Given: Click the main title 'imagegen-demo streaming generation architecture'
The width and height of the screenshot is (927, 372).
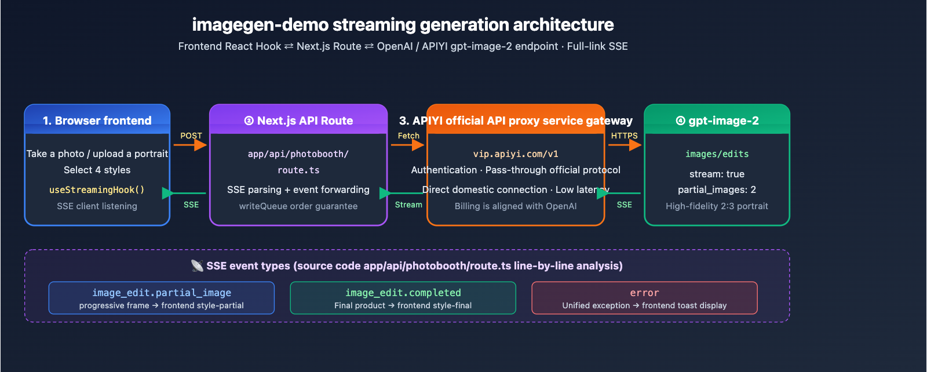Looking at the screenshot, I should coord(403,25).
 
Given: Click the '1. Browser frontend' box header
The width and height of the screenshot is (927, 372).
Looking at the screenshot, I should coord(97,121).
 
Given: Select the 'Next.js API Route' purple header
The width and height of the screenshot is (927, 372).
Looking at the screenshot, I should coord(298,121).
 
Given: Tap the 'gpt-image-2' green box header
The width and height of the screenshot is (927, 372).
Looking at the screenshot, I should coord(717,121).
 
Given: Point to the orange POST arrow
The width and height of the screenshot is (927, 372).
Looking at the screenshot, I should coord(190,145).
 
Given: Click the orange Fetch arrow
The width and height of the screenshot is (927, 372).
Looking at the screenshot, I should coord(408,145).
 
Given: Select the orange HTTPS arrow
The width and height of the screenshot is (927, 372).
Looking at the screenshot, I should coord(625,145).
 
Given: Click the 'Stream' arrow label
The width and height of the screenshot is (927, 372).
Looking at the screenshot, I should coord(408,205).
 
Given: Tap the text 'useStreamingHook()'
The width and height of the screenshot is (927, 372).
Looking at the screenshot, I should coord(97,189).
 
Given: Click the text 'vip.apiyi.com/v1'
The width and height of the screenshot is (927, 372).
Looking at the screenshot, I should coord(516,154).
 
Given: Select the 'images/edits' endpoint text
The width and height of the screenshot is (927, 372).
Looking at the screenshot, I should coord(717,154).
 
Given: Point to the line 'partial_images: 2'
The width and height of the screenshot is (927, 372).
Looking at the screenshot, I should coord(717,189).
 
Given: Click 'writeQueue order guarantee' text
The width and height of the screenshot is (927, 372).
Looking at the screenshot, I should coord(298,206).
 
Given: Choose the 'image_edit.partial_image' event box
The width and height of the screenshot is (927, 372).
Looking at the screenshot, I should coord(162,298).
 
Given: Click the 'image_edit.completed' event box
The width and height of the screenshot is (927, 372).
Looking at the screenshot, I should coord(403,298).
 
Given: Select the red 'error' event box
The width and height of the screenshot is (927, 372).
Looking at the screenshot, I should coord(644,298).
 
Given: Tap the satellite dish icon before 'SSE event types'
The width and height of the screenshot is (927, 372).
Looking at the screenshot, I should coord(197,265).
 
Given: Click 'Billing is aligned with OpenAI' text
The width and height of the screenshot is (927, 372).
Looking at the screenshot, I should coord(516,206).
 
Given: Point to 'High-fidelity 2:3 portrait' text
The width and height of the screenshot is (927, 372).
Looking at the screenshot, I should coord(717,206).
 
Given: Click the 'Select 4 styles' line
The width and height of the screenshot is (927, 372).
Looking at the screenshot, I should coord(97,170).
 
